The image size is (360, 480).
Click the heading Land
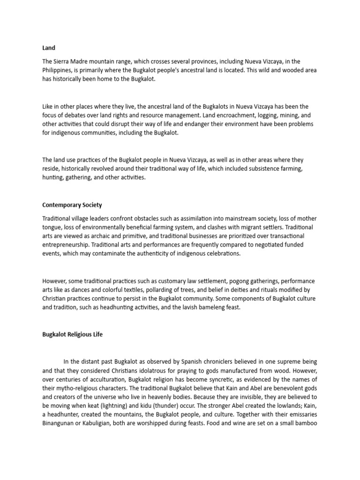coord(49,48)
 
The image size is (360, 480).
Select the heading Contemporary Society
coord(72,205)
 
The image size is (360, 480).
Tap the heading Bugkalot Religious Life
coord(73,335)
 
